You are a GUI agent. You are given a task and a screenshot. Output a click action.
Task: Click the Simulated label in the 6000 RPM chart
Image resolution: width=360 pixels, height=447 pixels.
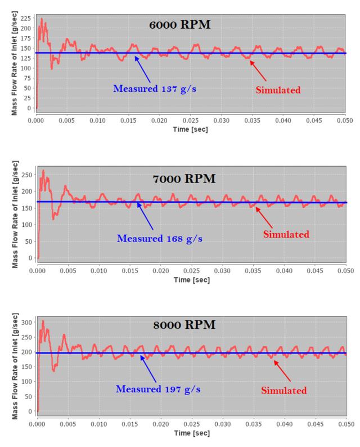[x=277, y=90]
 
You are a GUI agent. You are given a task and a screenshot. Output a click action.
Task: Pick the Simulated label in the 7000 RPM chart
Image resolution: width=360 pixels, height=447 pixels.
[x=287, y=234]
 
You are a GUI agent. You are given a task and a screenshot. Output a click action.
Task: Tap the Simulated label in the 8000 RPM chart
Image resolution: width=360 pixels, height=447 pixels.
[x=285, y=390]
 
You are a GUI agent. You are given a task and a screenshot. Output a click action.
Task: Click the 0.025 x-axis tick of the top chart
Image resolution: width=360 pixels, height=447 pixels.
[x=191, y=120]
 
